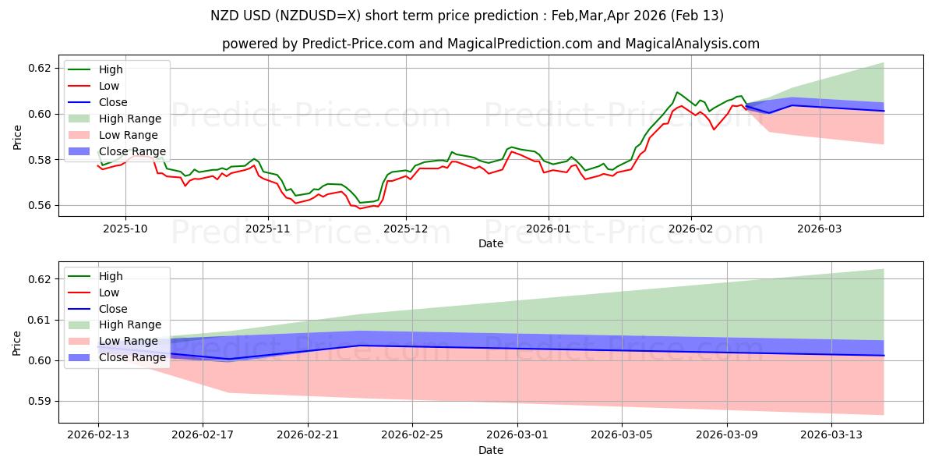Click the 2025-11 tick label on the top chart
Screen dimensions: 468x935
[268, 229]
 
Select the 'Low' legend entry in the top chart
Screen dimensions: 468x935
[109, 86]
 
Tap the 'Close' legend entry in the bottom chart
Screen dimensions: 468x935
[113, 309]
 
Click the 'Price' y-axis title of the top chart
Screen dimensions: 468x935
[17, 136]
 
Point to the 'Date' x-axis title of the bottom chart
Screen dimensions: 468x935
[491, 451]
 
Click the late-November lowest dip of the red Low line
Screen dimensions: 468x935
[359, 208]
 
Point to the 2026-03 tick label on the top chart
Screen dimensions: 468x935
[819, 229]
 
